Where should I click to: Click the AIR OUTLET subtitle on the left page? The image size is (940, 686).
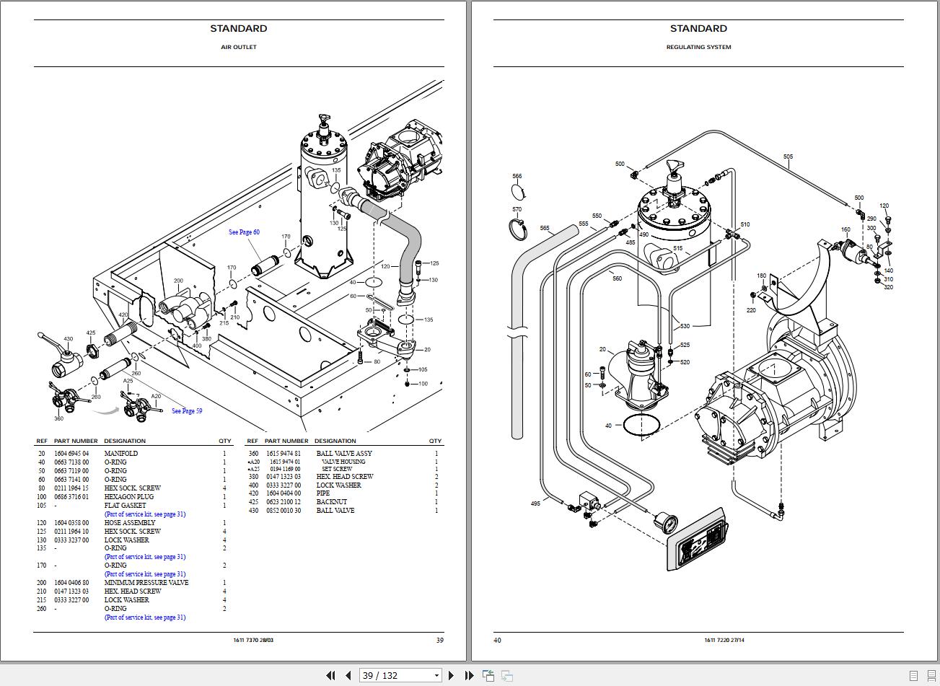coord(238,47)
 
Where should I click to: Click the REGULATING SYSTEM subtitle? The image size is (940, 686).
coord(698,47)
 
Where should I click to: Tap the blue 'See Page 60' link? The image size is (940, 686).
coord(244,232)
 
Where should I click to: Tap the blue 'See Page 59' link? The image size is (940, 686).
coord(187,411)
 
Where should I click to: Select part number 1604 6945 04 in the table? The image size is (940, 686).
coord(71,454)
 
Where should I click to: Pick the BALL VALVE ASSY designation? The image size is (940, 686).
coord(344,454)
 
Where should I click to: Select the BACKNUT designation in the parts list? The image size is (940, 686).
coord(331,502)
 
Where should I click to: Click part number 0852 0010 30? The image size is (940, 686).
coord(283,511)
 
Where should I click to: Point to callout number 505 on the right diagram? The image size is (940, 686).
coord(788,157)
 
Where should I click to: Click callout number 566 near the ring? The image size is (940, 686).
coord(517,176)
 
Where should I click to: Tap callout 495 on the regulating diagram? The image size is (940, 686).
coord(535,503)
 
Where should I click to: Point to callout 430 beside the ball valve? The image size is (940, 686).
coord(68,339)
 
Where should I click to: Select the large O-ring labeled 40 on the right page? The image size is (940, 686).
coord(641,426)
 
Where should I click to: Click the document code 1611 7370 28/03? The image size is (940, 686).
coord(253,640)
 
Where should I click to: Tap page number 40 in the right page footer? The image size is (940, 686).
coord(497,640)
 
